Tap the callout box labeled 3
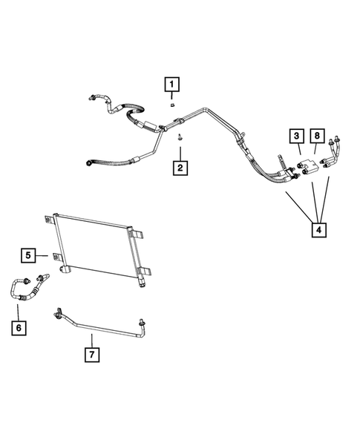pos(296,136)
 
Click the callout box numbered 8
pos(317,136)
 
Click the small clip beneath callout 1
pos(171,105)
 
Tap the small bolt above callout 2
pos(180,136)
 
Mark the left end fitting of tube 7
pos(56,316)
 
